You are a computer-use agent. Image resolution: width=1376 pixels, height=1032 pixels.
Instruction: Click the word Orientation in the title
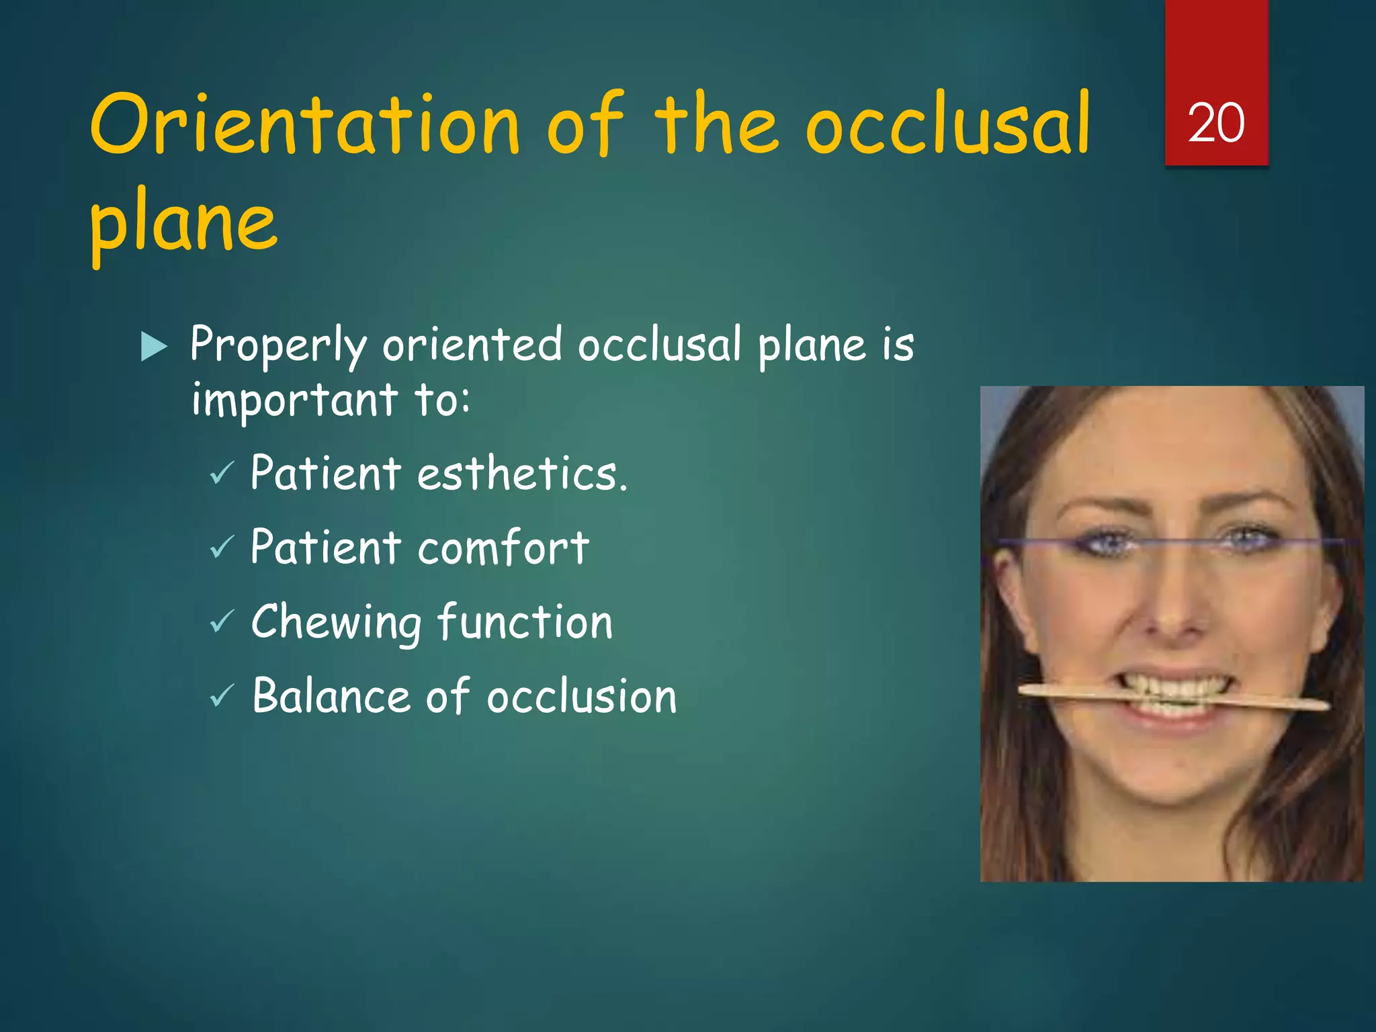click(305, 124)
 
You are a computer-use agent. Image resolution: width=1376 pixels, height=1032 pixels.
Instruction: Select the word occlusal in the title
click(947, 124)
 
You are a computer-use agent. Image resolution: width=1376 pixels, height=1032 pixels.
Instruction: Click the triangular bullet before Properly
click(154, 347)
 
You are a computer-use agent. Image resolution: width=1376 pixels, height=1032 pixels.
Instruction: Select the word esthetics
click(522, 473)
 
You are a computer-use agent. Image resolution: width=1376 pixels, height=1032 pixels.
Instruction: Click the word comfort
click(503, 548)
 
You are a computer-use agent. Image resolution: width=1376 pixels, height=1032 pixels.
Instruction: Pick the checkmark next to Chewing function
click(222, 621)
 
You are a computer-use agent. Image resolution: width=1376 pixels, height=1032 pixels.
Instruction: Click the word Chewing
click(336, 623)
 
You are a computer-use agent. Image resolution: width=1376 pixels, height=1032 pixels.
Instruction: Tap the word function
click(525, 621)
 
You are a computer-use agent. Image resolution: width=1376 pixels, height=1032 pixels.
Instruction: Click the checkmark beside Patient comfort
click(222, 548)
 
